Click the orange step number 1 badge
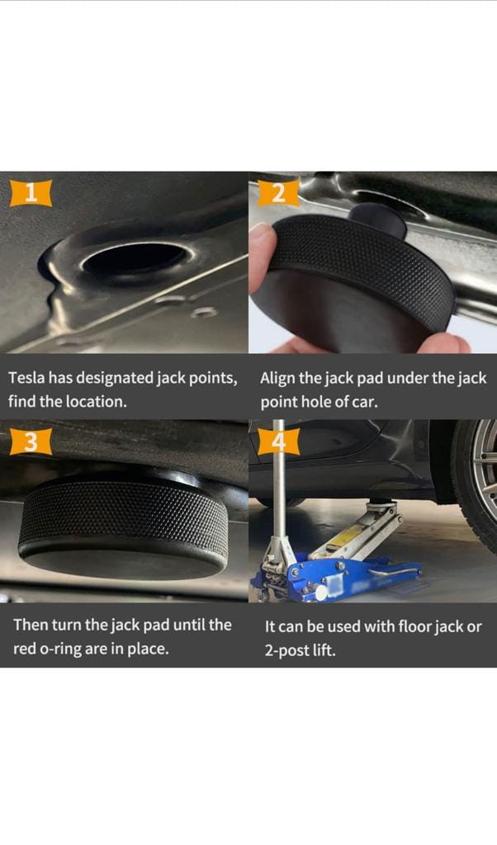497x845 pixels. (x=31, y=193)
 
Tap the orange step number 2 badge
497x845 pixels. (x=278, y=193)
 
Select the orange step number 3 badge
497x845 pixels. (x=31, y=441)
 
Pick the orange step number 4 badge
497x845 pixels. (x=278, y=441)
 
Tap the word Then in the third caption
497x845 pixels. (x=31, y=625)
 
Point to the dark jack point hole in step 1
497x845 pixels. (x=135, y=258)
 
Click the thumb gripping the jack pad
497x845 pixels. (x=261, y=257)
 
